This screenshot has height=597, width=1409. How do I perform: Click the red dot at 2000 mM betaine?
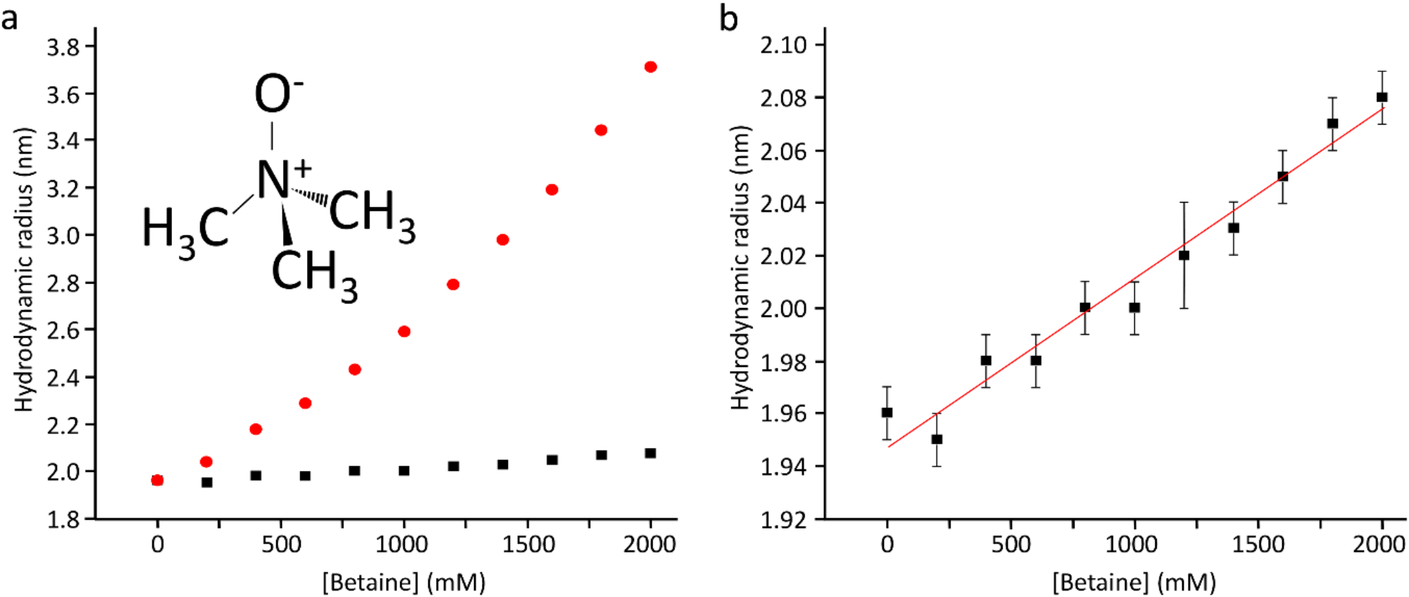650,67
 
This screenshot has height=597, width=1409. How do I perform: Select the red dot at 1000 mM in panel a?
404,331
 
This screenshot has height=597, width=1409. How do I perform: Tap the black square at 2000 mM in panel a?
650,453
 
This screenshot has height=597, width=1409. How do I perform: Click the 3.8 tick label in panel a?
62,47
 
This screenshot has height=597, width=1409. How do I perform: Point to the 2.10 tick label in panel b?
783,45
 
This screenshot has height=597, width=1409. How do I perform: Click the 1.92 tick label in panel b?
783,520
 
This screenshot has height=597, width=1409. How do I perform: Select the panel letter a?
10,19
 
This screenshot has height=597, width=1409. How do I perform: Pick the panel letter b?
728,19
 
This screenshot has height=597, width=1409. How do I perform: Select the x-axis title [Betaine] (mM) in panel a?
404,583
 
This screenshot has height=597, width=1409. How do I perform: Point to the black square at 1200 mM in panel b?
1184,255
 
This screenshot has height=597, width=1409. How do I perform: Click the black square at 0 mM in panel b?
887,413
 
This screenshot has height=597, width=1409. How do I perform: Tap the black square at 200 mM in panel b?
937,440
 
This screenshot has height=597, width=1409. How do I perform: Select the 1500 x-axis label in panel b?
1258,545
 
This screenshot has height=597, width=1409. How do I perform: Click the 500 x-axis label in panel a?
281,545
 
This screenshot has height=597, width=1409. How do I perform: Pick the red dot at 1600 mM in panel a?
552,190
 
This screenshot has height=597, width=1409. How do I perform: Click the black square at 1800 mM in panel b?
1332,124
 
